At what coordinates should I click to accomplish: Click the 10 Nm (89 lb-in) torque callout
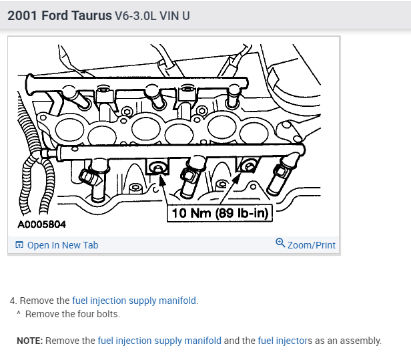[x=220, y=213]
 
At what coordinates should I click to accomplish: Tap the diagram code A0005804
[x=41, y=224]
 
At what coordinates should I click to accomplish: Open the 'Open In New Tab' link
[x=63, y=245]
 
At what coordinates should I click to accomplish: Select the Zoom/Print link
[x=312, y=245]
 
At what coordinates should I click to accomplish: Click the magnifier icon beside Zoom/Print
[x=280, y=242]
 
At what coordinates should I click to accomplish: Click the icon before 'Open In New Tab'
[x=19, y=245]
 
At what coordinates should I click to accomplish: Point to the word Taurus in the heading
[x=91, y=16]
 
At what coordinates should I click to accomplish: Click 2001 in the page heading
[x=22, y=16]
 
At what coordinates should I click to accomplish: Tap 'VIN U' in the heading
[x=174, y=16]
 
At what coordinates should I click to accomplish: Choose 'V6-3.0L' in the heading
[x=135, y=16]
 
